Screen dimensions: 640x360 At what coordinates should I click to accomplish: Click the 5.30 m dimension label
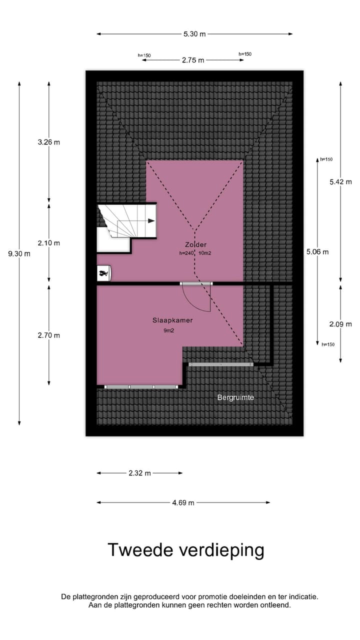[194, 34]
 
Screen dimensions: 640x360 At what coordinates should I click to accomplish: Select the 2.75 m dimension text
[193, 60]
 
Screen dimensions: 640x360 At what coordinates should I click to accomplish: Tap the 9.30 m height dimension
[19, 253]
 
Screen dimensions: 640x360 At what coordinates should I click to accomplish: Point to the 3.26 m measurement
[48, 142]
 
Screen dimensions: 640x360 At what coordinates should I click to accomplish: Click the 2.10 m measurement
[48, 243]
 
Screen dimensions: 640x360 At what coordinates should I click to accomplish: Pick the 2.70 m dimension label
[48, 335]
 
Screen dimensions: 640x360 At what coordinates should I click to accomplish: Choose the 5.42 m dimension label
[340, 182]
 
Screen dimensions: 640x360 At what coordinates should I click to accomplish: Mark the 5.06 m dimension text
[317, 252]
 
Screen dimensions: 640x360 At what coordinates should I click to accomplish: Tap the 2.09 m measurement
[340, 324]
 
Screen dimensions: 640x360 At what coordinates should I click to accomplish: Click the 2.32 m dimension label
[139, 473]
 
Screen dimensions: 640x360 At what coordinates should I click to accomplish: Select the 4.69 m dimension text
[183, 502]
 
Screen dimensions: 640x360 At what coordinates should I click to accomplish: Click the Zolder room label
[194, 244]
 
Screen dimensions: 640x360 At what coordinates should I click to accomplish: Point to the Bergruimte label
[235, 397]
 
